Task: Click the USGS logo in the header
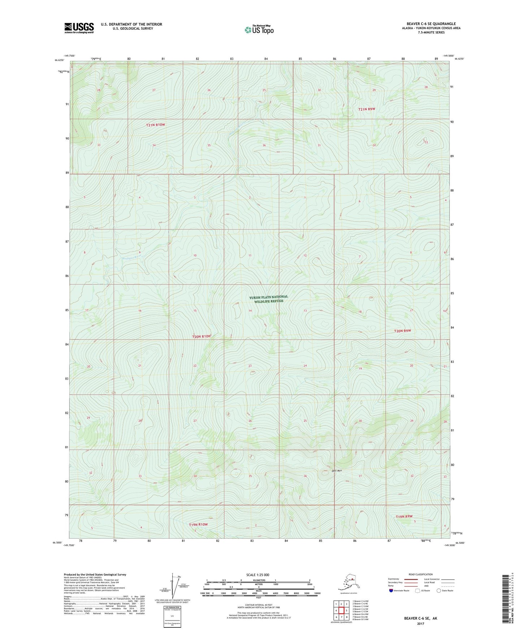coord(79,28)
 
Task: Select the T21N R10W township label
coord(156,125)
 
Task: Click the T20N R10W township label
coord(201,336)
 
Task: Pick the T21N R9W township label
coord(369,109)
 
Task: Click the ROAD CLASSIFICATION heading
coord(420,574)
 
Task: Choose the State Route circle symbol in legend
coord(439,591)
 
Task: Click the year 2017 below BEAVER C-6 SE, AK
coord(420,623)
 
